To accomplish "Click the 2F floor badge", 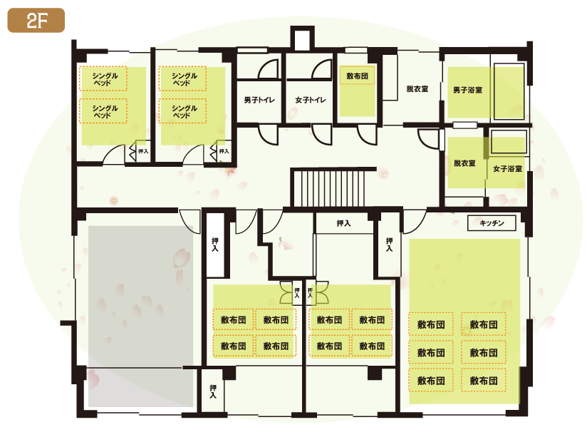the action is pyautogui.click(x=36, y=20).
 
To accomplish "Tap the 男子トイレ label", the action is pyautogui.click(x=259, y=100).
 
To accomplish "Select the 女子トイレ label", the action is pyautogui.click(x=311, y=100).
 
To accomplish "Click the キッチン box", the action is pyautogui.click(x=492, y=223).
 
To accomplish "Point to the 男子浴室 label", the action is pyautogui.click(x=467, y=90).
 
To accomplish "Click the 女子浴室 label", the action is pyautogui.click(x=507, y=169).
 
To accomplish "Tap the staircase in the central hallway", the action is pyautogui.click(x=328, y=188).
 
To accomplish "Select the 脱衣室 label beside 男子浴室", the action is pyautogui.click(x=417, y=89).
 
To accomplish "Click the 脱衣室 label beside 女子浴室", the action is pyautogui.click(x=464, y=163).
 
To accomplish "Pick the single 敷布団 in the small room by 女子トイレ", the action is pyautogui.click(x=357, y=76).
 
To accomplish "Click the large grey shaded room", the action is pyautogui.click(x=141, y=316).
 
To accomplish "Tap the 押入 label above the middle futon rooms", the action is pyautogui.click(x=343, y=223).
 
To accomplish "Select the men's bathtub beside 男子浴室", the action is pyautogui.click(x=509, y=91).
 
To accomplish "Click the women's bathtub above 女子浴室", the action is pyautogui.click(x=509, y=141).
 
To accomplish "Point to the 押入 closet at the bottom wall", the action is pyautogui.click(x=212, y=391).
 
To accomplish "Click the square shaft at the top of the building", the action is pyautogui.click(x=302, y=38).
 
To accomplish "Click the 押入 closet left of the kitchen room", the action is pyautogui.click(x=390, y=245).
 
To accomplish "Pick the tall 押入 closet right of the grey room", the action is pyautogui.click(x=215, y=245).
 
